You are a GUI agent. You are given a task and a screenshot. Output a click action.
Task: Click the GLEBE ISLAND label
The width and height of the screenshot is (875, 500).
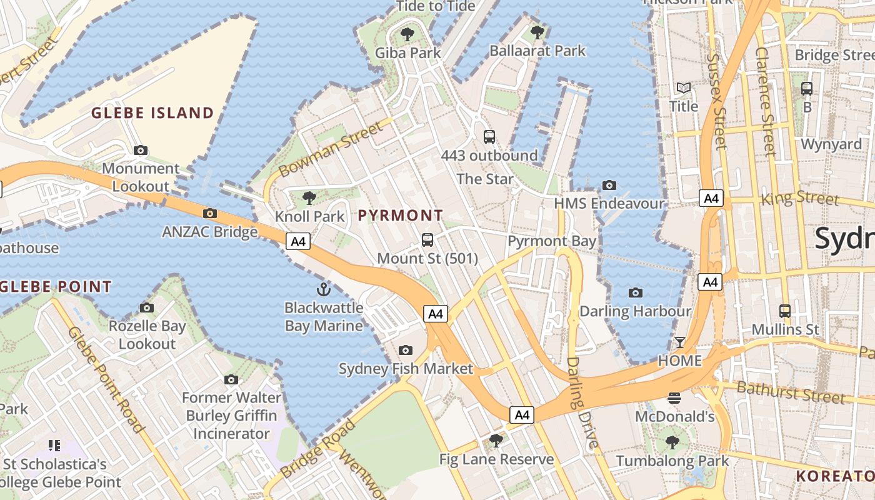152,113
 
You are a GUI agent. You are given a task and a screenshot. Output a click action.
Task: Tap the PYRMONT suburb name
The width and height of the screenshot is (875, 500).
401,216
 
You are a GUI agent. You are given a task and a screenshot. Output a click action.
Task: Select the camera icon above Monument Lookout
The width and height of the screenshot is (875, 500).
141,150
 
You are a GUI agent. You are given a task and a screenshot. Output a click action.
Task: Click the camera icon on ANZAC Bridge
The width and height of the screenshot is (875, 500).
210,213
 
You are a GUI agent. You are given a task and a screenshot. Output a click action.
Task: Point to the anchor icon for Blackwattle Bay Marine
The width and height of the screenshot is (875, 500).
323,289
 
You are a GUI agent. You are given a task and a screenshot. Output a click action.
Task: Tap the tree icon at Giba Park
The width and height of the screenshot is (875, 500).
407,34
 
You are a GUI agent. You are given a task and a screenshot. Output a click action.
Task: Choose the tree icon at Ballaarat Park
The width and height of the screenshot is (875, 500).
537,32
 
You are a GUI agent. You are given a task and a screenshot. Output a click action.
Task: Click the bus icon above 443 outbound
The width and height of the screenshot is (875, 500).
489,136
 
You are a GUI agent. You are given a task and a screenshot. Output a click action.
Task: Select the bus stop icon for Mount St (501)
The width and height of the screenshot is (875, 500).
427,239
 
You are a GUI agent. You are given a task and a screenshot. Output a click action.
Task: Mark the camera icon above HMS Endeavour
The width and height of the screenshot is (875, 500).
609,185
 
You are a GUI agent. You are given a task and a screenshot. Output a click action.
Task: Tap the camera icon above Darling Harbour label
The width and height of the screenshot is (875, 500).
635,292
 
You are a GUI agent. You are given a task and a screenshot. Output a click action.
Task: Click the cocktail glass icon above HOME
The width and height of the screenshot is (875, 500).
679,342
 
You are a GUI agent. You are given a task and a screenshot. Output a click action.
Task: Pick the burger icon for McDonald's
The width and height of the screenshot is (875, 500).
674,397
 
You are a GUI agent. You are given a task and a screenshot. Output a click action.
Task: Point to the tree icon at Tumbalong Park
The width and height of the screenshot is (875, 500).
672,442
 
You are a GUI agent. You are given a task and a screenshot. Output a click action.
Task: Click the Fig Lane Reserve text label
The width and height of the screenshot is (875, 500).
496,459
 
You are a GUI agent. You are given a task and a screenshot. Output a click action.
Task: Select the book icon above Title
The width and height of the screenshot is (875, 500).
684,88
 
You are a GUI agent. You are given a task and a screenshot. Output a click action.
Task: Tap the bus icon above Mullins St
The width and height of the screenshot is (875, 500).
785,311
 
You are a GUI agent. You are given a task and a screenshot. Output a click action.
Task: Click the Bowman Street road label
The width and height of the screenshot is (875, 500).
329,150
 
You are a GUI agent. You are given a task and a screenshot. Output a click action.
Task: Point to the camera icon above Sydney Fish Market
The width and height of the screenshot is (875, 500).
406,350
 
